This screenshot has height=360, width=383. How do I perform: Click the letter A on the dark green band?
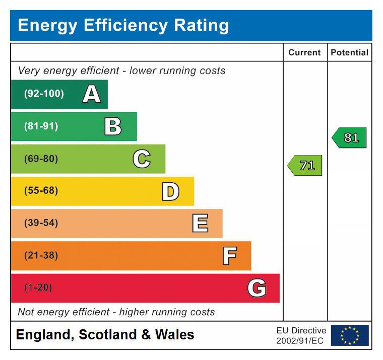[91, 94]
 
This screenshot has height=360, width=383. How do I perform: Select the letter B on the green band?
[113, 126]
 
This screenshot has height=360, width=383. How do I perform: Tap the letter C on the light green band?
[142, 159]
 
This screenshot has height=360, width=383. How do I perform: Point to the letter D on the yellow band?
[170, 191]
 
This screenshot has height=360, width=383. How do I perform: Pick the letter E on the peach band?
[200, 224]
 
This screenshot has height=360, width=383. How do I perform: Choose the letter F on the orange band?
[229, 256]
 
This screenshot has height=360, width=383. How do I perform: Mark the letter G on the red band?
[257, 289]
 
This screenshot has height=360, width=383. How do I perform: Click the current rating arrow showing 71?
[305, 165]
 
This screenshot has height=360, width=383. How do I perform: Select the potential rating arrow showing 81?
[349, 137]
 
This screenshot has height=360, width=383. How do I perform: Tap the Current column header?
[304, 52]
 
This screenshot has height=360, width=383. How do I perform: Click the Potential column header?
[349, 52]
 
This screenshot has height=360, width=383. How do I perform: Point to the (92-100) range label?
[44, 94]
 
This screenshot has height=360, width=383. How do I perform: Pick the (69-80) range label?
[41, 159]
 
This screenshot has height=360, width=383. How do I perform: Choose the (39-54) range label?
[41, 224]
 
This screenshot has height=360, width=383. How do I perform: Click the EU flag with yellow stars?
[349, 335]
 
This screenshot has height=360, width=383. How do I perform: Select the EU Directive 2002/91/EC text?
[301, 336]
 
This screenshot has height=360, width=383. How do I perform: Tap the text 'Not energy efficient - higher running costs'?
[116, 312]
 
